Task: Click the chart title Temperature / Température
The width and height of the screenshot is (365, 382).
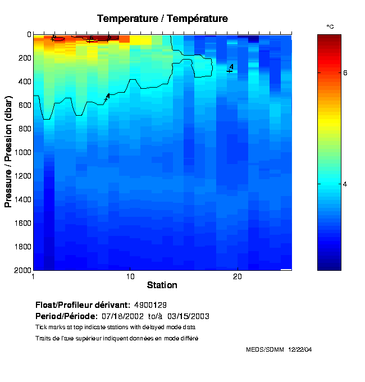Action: coord(162,19)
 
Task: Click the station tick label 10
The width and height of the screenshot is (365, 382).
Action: coord(130,276)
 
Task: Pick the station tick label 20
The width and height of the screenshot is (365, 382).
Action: coord(237,276)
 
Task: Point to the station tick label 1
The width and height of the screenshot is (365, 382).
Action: coord(34,276)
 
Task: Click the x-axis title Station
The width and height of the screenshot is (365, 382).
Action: coord(162,285)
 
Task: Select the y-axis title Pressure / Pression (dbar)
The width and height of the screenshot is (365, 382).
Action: coord(8,152)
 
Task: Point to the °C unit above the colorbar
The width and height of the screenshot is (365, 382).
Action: coord(330,27)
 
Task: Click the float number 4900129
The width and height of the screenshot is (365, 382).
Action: coord(150,305)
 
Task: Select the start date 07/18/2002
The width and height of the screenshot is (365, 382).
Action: coord(150,316)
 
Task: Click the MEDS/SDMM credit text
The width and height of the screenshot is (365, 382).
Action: coord(265,349)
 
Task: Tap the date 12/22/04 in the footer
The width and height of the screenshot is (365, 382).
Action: coord(300,349)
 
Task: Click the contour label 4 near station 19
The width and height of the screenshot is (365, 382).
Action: coord(231,67)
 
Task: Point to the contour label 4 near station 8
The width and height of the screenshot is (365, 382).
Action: coord(108,96)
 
